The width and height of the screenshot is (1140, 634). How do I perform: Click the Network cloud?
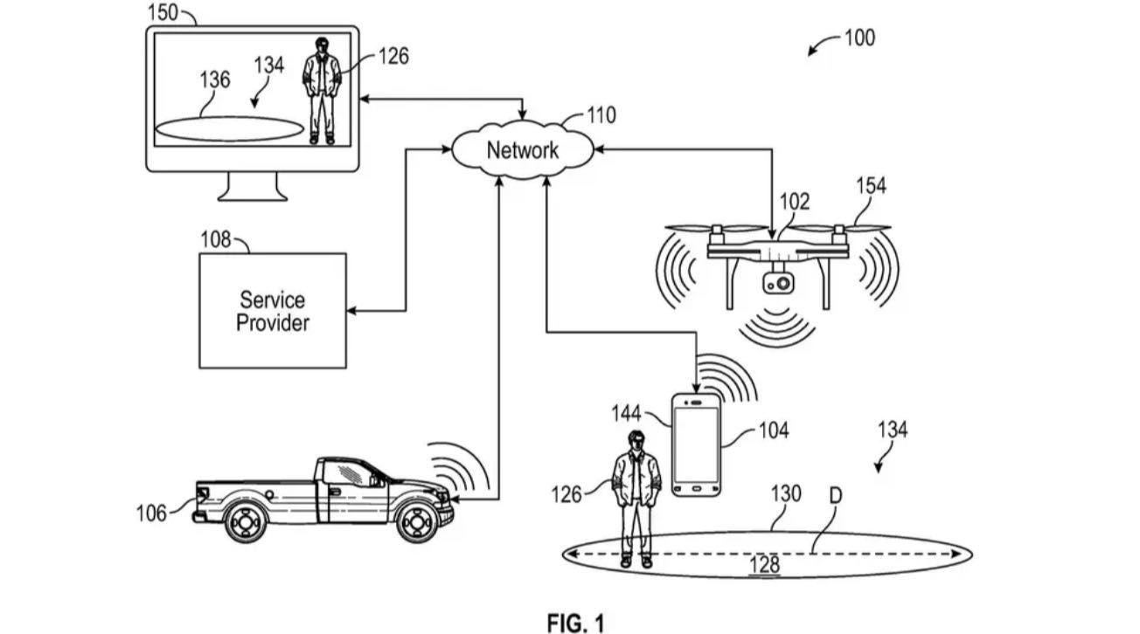tap(522, 150)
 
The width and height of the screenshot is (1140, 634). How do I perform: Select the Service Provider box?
tap(273, 311)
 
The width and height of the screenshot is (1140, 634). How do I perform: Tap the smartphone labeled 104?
tap(696, 445)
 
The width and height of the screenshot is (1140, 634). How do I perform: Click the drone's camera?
tap(777, 283)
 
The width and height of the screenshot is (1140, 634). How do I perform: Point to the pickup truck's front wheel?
tap(416, 521)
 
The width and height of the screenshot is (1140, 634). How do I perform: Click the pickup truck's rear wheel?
tap(246, 521)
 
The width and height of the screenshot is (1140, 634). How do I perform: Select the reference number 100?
tap(859, 38)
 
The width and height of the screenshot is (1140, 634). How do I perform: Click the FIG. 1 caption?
tap(575, 622)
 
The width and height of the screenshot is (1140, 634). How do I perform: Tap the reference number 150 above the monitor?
tap(163, 12)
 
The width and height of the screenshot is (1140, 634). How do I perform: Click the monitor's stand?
tap(253, 186)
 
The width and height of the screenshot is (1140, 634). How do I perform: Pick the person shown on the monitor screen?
tap(322, 90)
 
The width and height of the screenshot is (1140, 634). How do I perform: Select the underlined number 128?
tap(764, 565)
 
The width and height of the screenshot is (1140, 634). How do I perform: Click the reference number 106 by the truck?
tap(151, 513)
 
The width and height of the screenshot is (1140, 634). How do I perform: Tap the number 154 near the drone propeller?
tap(871, 185)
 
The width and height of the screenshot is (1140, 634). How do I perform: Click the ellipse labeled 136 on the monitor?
tap(229, 128)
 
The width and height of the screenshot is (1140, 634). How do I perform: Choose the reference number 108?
tap(215, 239)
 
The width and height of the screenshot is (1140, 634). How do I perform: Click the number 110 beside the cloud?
tap(601, 114)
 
